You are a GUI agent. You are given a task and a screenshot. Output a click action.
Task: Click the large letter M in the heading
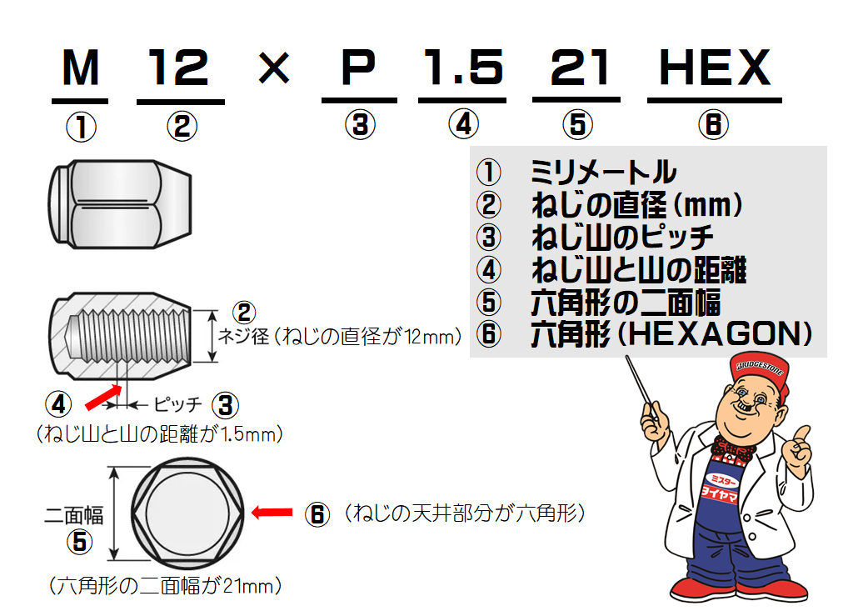coord(80,68)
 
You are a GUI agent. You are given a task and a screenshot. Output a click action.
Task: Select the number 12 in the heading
coord(180,68)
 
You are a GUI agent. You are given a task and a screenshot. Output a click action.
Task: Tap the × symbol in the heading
coord(273,69)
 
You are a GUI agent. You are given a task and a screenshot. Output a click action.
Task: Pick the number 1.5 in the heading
coord(464,68)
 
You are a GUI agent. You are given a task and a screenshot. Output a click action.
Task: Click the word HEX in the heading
coord(714,68)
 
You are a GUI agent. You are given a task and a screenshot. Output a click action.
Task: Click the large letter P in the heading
coord(359,68)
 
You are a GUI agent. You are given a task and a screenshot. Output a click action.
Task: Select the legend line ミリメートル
coord(603,173)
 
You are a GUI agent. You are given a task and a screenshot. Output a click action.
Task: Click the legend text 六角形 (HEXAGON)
coord(671,333)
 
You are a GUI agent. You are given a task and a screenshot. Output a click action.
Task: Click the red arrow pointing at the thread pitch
coord(101,397)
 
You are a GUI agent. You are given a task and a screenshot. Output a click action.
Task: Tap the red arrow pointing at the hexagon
coord(272,513)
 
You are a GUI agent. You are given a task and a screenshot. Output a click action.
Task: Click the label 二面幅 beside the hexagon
coord(74,514)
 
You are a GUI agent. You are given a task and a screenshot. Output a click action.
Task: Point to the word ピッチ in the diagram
coord(177,405)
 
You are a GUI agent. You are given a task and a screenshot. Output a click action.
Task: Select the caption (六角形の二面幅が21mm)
coord(165,585)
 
